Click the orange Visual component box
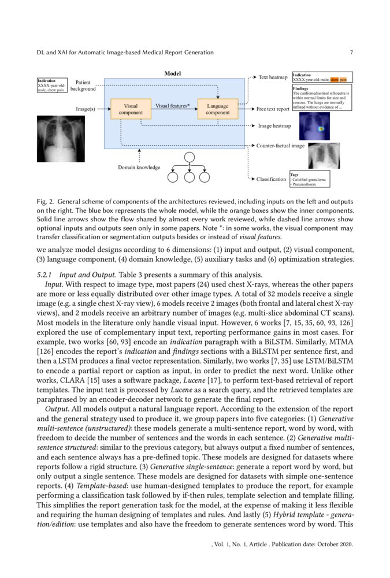131,109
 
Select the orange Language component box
218,109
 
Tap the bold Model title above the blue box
173,73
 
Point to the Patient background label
83,86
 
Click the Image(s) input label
85,109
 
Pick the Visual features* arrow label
173,106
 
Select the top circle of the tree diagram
189,157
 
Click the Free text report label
273,109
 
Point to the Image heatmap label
274,125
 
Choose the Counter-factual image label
280,146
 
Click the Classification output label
271,179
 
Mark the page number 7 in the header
351,53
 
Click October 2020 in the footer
335,544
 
